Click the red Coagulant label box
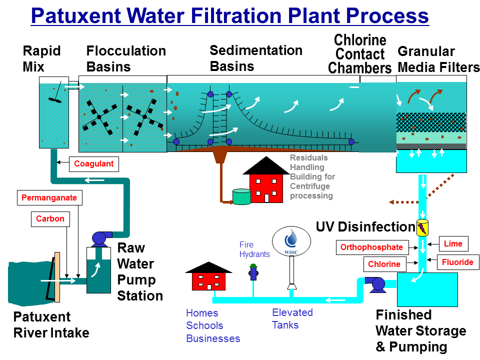click(94, 164)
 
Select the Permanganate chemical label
click(49, 198)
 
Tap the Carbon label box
click(50, 219)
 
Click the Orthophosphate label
click(371, 247)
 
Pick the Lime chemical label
click(453, 243)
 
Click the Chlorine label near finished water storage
click(384, 264)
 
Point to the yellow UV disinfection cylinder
click(422, 227)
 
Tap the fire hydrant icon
click(253, 272)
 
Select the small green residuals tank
click(241, 196)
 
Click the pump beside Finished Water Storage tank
click(376, 284)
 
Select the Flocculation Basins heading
click(126, 58)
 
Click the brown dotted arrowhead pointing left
click(393, 202)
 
